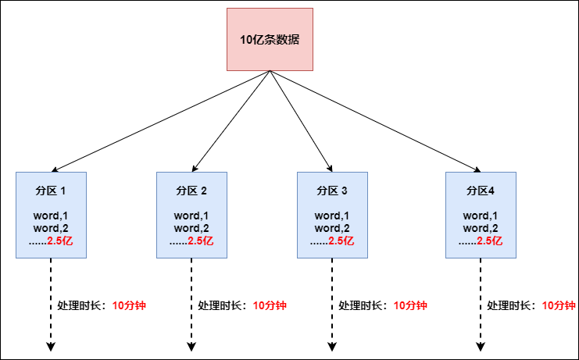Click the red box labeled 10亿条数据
click(x=270, y=39)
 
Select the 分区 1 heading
click(x=51, y=191)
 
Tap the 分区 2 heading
click(x=191, y=191)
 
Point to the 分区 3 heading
click(x=332, y=191)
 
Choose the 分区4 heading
click(x=481, y=191)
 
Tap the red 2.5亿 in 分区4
click(x=490, y=241)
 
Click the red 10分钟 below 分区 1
click(x=129, y=306)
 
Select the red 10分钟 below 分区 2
click(x=270, y=306)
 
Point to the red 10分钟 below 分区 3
click(x=410, y=306)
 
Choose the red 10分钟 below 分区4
click(x=559, y=306)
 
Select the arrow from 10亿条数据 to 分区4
click(x=375, y=120)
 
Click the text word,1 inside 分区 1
click(x=51, y=216)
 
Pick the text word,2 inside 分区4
click(x=481, y=228)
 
